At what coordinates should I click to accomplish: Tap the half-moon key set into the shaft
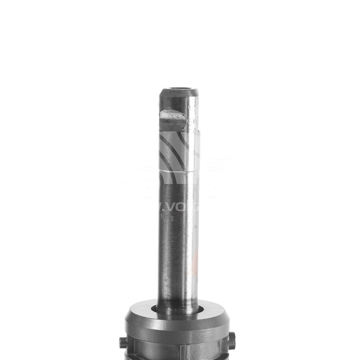pyautogui.click(x=172, y=119)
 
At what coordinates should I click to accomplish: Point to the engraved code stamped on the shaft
pyautogui.click(x=165, y=217)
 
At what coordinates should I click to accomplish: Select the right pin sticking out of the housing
pyautogui.click(x=232, y=340)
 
